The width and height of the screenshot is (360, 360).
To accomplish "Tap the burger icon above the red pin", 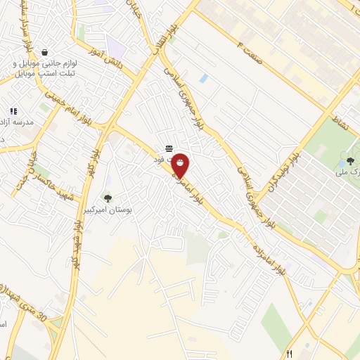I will click(x=169, y=148).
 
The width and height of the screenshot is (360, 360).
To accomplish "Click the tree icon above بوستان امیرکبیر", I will click(x=108, y=198).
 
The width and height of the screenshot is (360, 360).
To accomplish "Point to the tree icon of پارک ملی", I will click(x=351, y=161).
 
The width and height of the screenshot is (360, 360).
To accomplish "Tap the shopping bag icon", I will click(x=45, y=52).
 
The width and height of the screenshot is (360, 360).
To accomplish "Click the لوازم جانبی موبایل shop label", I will click(x=49, y=67).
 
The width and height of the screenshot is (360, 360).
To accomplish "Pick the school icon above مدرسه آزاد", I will click(x=13, y=110).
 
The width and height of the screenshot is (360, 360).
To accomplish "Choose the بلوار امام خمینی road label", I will click(x=71, y=105).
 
